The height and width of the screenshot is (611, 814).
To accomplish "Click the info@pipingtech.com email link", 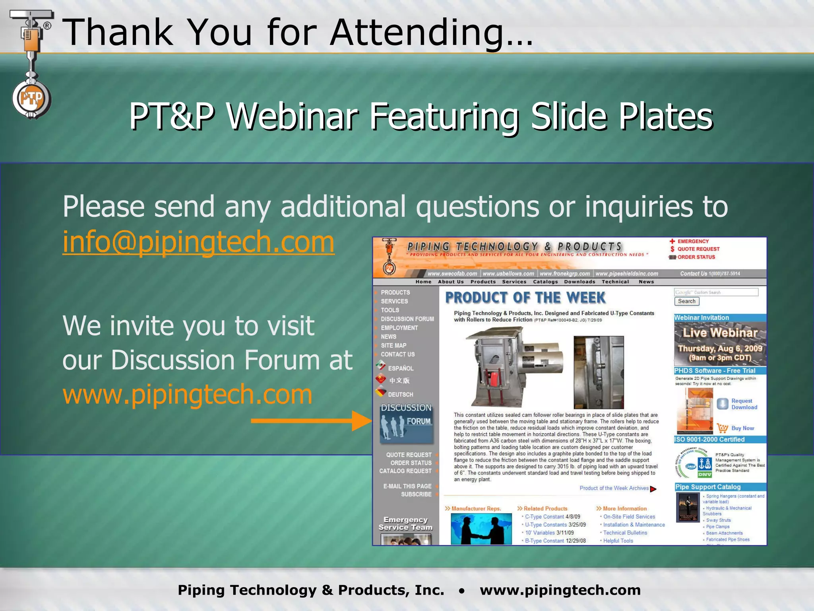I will (198, 242).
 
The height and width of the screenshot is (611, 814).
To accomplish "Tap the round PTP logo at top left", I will (31, 99).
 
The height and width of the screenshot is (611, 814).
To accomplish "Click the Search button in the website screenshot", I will (686, 301).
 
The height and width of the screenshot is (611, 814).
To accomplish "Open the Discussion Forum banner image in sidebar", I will (406, 423).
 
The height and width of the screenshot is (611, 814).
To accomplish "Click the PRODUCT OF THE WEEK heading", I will (525, 298).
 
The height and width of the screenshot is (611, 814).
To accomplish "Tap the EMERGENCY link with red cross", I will (693, 241).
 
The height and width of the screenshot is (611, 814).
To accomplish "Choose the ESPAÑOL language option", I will (400, 368).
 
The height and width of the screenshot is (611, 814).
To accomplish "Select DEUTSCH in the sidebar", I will (400, 394).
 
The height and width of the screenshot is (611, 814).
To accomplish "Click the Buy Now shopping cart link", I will (742, 428).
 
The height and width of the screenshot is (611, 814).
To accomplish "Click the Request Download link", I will (744, 404).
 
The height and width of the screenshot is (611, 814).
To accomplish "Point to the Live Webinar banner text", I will (720, 333).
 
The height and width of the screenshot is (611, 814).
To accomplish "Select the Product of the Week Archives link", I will (614, 488).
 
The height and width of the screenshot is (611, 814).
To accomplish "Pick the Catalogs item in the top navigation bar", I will (545, 282).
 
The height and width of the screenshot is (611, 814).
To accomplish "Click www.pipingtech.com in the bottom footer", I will (560, 590).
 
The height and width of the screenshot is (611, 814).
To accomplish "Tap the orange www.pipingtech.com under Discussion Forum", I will (187, 395).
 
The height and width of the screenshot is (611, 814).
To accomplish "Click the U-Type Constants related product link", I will (546, 525).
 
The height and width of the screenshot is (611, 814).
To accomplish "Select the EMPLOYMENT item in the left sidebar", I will (399, 328).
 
